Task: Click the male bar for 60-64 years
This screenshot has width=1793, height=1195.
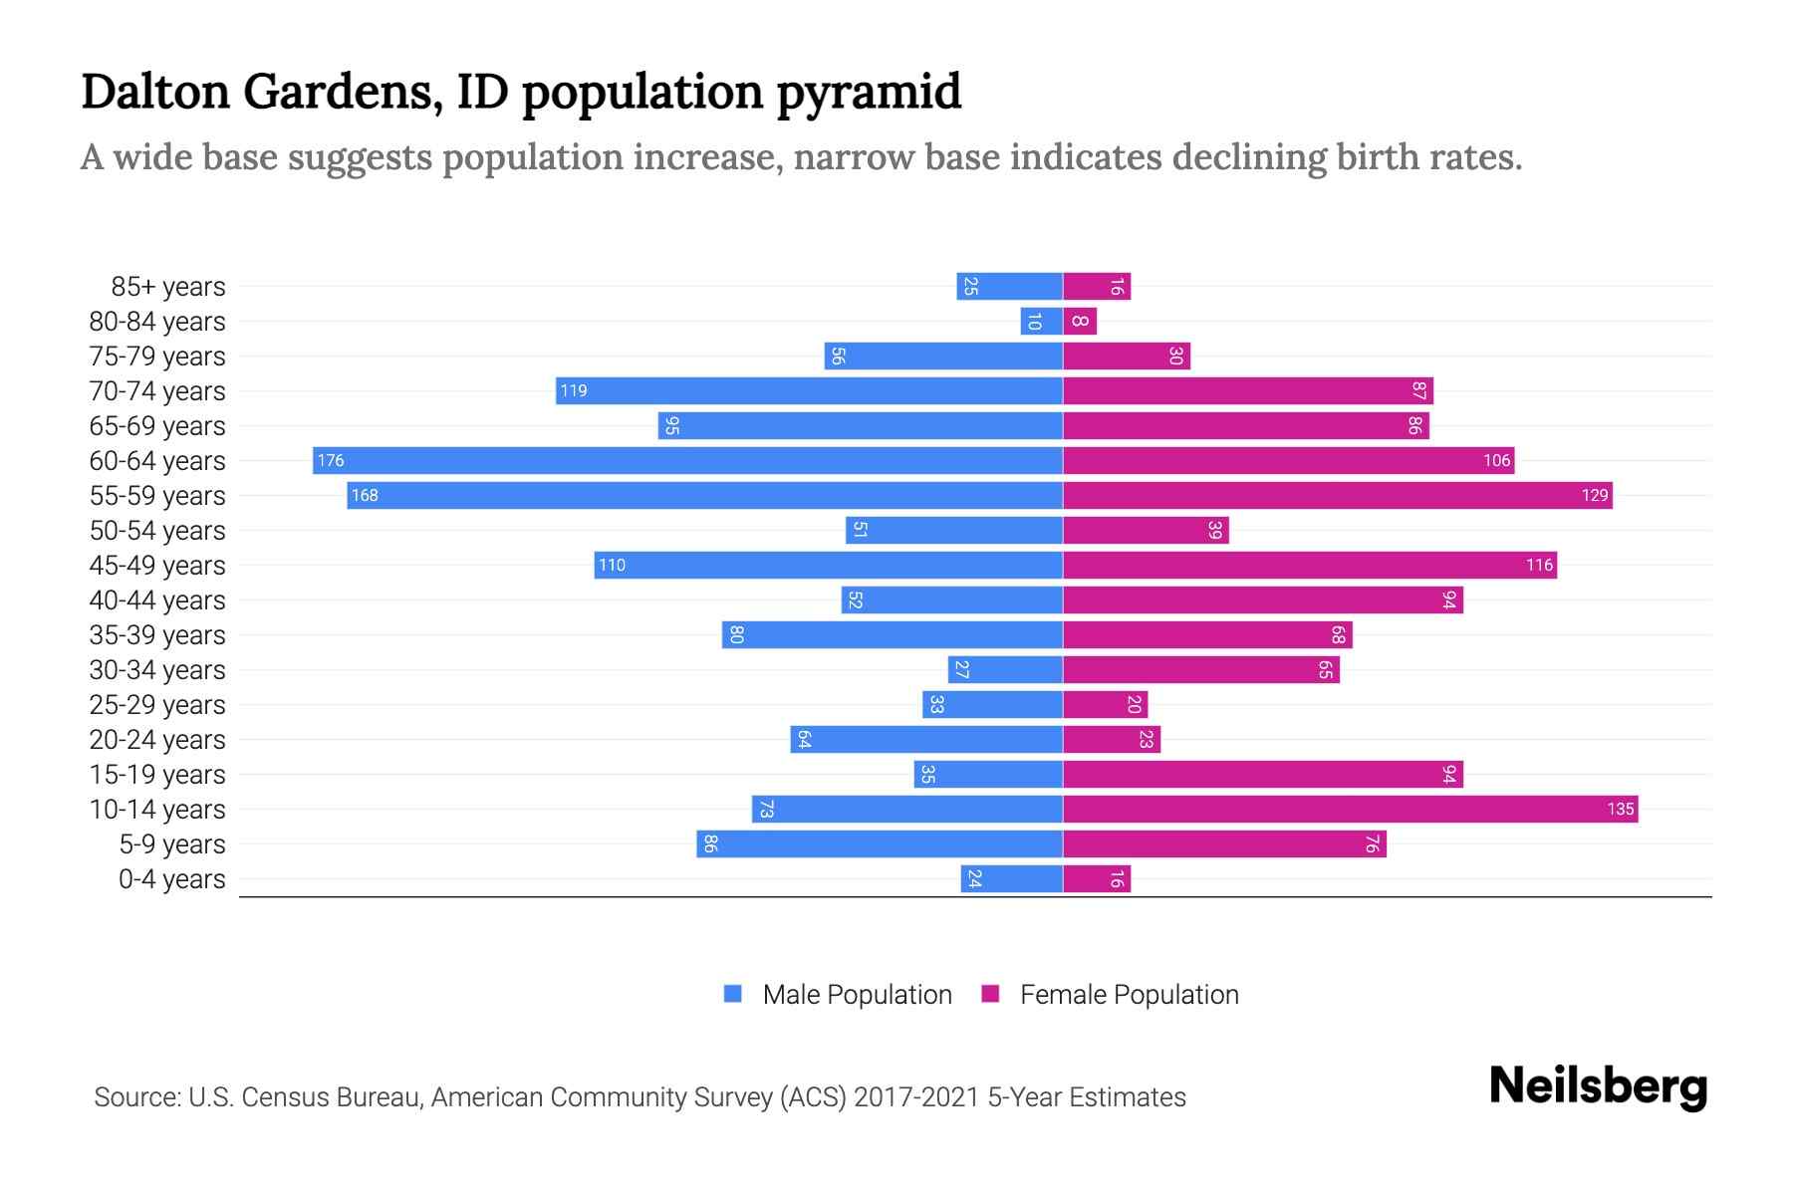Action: pos(687,460)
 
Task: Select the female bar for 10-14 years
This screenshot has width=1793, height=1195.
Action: pos(1350,809)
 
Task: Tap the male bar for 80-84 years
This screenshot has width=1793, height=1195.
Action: pos(1042,321)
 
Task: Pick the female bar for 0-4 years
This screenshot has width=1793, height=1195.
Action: pos(1097,878)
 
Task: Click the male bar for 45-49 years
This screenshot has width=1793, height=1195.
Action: pos(829,565)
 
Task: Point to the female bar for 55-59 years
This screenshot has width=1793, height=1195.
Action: pos(1337,495)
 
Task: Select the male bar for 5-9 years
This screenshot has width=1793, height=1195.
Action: pos(880,843)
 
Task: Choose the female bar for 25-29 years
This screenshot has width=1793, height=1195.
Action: pos(1106,704)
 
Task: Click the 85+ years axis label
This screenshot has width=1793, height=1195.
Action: pos(168,287)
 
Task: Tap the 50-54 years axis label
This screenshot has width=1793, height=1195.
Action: pos(157,531)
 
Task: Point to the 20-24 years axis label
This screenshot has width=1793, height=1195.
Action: pos(157,740)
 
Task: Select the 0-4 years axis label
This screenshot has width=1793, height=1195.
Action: pos(171,879)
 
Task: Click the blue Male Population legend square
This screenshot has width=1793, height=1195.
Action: pos(733,994)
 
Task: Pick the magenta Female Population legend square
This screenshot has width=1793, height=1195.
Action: pos(990,994)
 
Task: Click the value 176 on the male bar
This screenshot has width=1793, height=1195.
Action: pos(331,460)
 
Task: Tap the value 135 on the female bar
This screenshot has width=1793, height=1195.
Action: pos(1620,809)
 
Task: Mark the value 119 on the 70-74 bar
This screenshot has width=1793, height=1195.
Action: pos(574,390)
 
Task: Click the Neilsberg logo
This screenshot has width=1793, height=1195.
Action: pos(1598,1086)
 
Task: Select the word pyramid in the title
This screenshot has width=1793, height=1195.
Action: pos(869,93)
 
